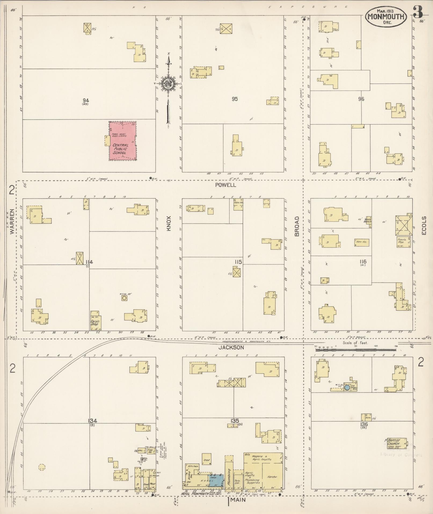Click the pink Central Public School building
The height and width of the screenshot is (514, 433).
click(x=123, y=141)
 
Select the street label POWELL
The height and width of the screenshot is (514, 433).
click(x=222, y=185)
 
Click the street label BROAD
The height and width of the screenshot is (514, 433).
click(x=297, y=230)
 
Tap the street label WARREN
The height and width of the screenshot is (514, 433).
click(x=12, y=226)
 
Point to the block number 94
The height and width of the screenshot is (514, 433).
click(x=86, y=100)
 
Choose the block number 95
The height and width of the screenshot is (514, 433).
click(x=235, y=99)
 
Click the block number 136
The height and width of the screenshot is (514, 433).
click(x=364, y=424)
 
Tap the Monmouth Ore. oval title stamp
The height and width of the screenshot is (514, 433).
click(x=386, y=17)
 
